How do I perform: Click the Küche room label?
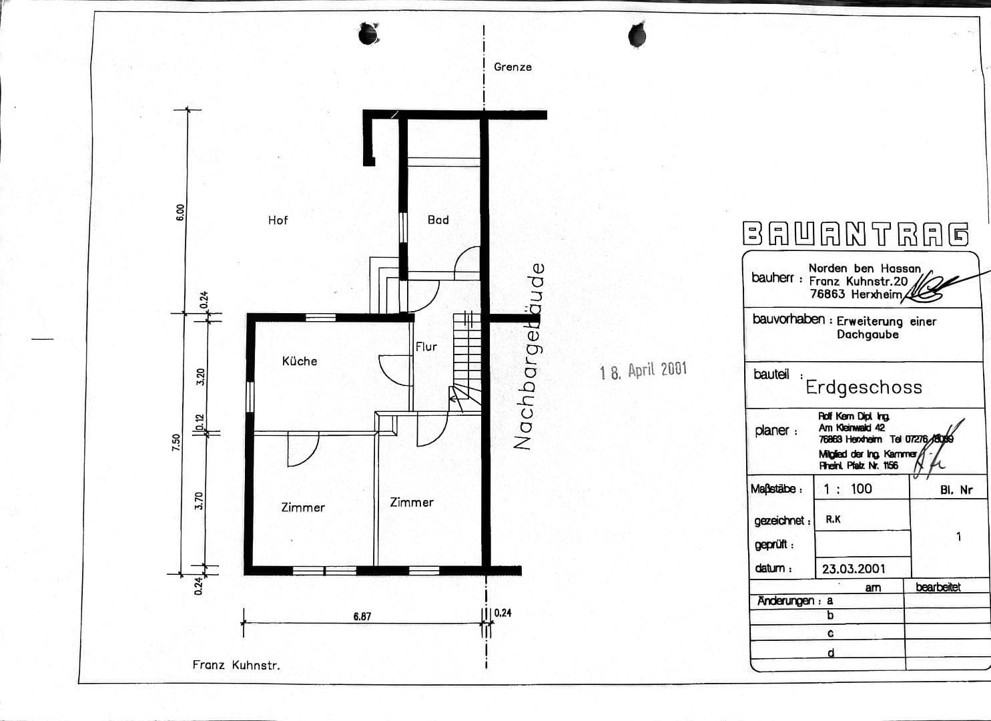300,361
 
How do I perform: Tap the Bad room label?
438,220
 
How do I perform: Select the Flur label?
426,346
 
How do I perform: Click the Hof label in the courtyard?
278,220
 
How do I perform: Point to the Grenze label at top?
513,67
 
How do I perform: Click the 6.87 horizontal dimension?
362,616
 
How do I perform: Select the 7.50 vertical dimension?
176,443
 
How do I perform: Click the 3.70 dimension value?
199,501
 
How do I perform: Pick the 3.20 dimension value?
200,377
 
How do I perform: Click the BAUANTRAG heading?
856,234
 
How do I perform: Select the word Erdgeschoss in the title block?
864,387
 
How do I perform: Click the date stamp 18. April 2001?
643,371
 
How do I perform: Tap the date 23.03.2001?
854,569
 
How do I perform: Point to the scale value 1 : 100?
848,489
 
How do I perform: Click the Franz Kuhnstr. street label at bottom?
236,665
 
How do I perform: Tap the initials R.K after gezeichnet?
833,519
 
